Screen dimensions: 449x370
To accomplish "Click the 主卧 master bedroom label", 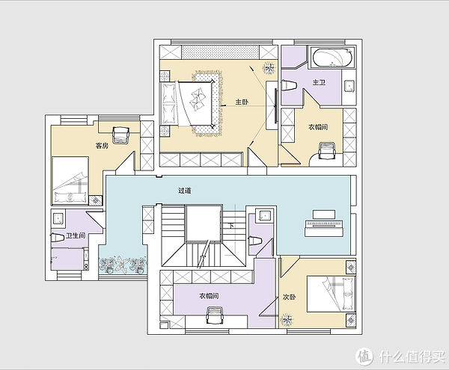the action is [x=242, y=102].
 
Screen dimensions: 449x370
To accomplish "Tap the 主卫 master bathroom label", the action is [x=319, y=82].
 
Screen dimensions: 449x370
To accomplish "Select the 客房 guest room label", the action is [x=102, y=146].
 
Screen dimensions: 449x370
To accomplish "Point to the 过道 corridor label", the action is [x=185, y=191].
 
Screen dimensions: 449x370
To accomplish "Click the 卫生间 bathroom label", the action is [x=76, y=235].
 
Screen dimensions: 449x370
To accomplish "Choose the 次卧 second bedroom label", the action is [x=289, y=297].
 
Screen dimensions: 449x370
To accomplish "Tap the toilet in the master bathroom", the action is [x=289, y=85].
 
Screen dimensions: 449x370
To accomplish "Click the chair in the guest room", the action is [x=121, y=135].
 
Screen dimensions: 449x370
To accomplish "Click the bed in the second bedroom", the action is [x=331, y=294].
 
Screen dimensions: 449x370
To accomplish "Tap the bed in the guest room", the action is [x=70, y=180].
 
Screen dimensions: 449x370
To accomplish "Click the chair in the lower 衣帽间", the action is [x=215, y=315].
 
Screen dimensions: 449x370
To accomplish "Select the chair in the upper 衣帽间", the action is [x=327, y=151].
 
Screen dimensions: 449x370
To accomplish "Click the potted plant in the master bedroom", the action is [x=269, y=68].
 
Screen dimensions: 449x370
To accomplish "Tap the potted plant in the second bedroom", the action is [x=287, y=320].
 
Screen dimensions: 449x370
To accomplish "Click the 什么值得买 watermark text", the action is [x=412, y=356].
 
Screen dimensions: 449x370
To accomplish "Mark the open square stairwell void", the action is [x=204, y=223].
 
